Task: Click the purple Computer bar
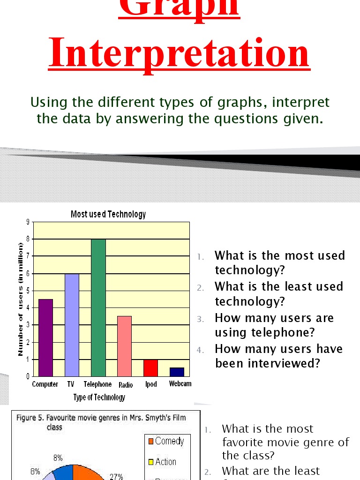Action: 45,337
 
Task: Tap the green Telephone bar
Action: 98,307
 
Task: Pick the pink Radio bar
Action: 124,346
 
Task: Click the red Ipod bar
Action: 150,367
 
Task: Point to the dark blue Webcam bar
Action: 177,372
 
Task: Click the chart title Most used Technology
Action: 108,214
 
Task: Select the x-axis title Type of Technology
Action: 99,397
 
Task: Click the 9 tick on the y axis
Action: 28,222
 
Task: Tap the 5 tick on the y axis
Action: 28,291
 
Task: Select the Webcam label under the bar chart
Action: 180,384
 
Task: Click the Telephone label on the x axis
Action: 97,384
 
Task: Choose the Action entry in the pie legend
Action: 165,462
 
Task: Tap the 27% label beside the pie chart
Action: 116,476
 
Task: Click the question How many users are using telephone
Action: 274,325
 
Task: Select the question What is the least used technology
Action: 279,293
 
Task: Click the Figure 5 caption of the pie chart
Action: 101,422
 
